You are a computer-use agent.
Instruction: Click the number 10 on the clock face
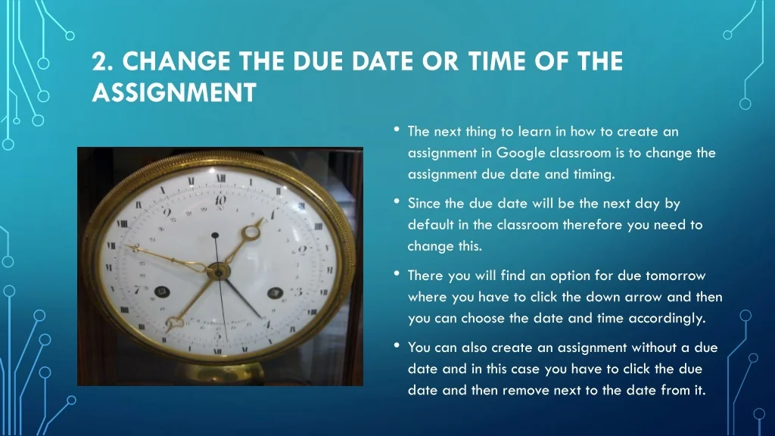tap(220, 200)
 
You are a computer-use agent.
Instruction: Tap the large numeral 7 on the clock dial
tap(137, 290)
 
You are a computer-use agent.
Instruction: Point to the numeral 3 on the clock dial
tap(298, 291)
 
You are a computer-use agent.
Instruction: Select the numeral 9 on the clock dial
tap(167, 212)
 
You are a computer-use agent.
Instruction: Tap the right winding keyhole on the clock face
tap(275, 293)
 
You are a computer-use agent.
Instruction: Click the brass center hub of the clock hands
tap(218, 271)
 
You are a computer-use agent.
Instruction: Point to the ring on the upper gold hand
tap(251, 232)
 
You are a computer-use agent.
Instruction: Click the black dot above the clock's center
tap(215, 235)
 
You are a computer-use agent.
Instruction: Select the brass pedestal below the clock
tap(223, 372)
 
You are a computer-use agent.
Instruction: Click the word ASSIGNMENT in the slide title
tap(174, 92)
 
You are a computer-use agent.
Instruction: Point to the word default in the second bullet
tap(431, 225)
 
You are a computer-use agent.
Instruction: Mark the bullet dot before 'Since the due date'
tap(397, 201)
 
